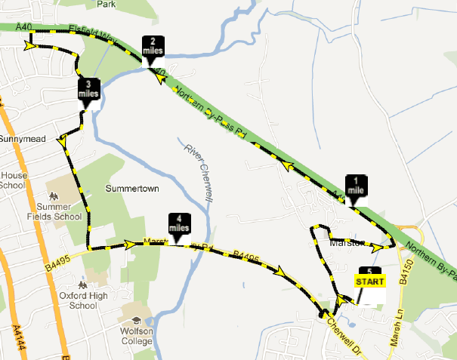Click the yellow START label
pyautogui.click(x=370, y=282)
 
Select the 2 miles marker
pyautogui.click(x=153, y=46)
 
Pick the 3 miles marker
pyautogui.click(x=88, y=89)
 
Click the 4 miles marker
pyautogui.click(x=178, y=223)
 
